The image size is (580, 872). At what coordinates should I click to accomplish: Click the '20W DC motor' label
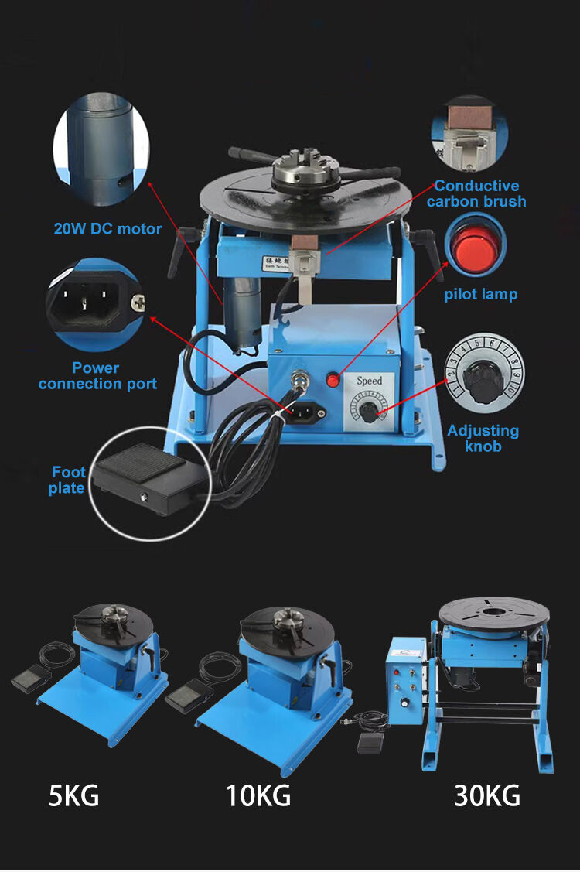click(x=107, y=229)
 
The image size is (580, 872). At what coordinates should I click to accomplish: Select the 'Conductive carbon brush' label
click(x=476, y=193)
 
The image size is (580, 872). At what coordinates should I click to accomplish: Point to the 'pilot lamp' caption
click(x=480, y=294)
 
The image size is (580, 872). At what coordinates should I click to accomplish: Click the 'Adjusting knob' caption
click(x=483, y=438)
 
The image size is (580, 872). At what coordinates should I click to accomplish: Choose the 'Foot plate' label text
click(x=68, y=480)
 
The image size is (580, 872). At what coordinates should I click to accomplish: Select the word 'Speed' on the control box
click(x=369, y=381)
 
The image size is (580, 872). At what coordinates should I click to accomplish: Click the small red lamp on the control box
click(x=333, y=380)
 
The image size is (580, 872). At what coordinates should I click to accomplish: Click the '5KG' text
click(x=74, y=795)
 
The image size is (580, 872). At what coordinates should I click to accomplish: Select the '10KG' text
click(x=258, y=795)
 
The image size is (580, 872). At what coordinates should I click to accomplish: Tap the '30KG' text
click(x=486, y=795)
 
